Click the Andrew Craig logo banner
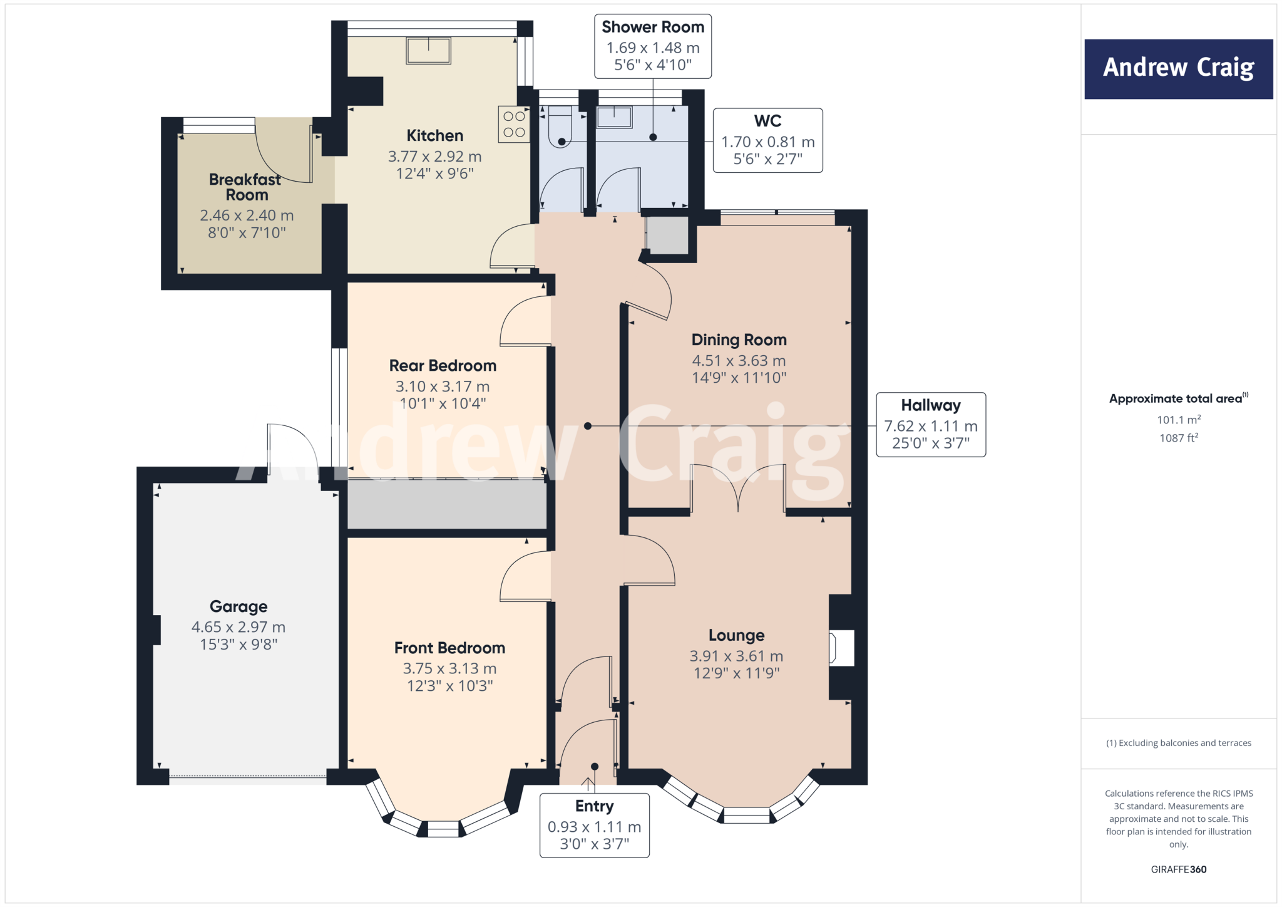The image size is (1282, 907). [x=1178, y=69]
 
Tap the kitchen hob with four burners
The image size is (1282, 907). [x=514, y=124]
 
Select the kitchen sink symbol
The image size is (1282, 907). [x=428, y=51]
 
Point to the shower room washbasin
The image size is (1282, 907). [x=614, y=117]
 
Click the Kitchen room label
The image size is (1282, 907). [x=434, y=135]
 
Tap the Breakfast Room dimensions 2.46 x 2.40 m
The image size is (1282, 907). [x=247, y=215]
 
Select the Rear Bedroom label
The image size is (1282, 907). [x=443, y=366]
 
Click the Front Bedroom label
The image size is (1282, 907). [x=449, y=648]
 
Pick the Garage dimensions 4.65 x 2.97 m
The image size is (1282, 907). [x=238, y=627]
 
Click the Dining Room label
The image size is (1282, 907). [x=739, y=340]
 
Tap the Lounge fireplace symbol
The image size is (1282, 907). [x=841, y=648]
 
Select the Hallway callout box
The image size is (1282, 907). [x=930, y=425]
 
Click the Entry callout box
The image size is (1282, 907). [x=594, y=825]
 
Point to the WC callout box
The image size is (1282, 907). [x=767, y=140]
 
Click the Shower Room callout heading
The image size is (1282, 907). [x=653, y=28]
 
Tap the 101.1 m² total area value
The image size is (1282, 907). [x=1178, y=420]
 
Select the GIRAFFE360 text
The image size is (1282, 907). [x=1178, y=869]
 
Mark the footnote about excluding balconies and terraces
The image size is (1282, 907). [x=1178, y=743]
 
